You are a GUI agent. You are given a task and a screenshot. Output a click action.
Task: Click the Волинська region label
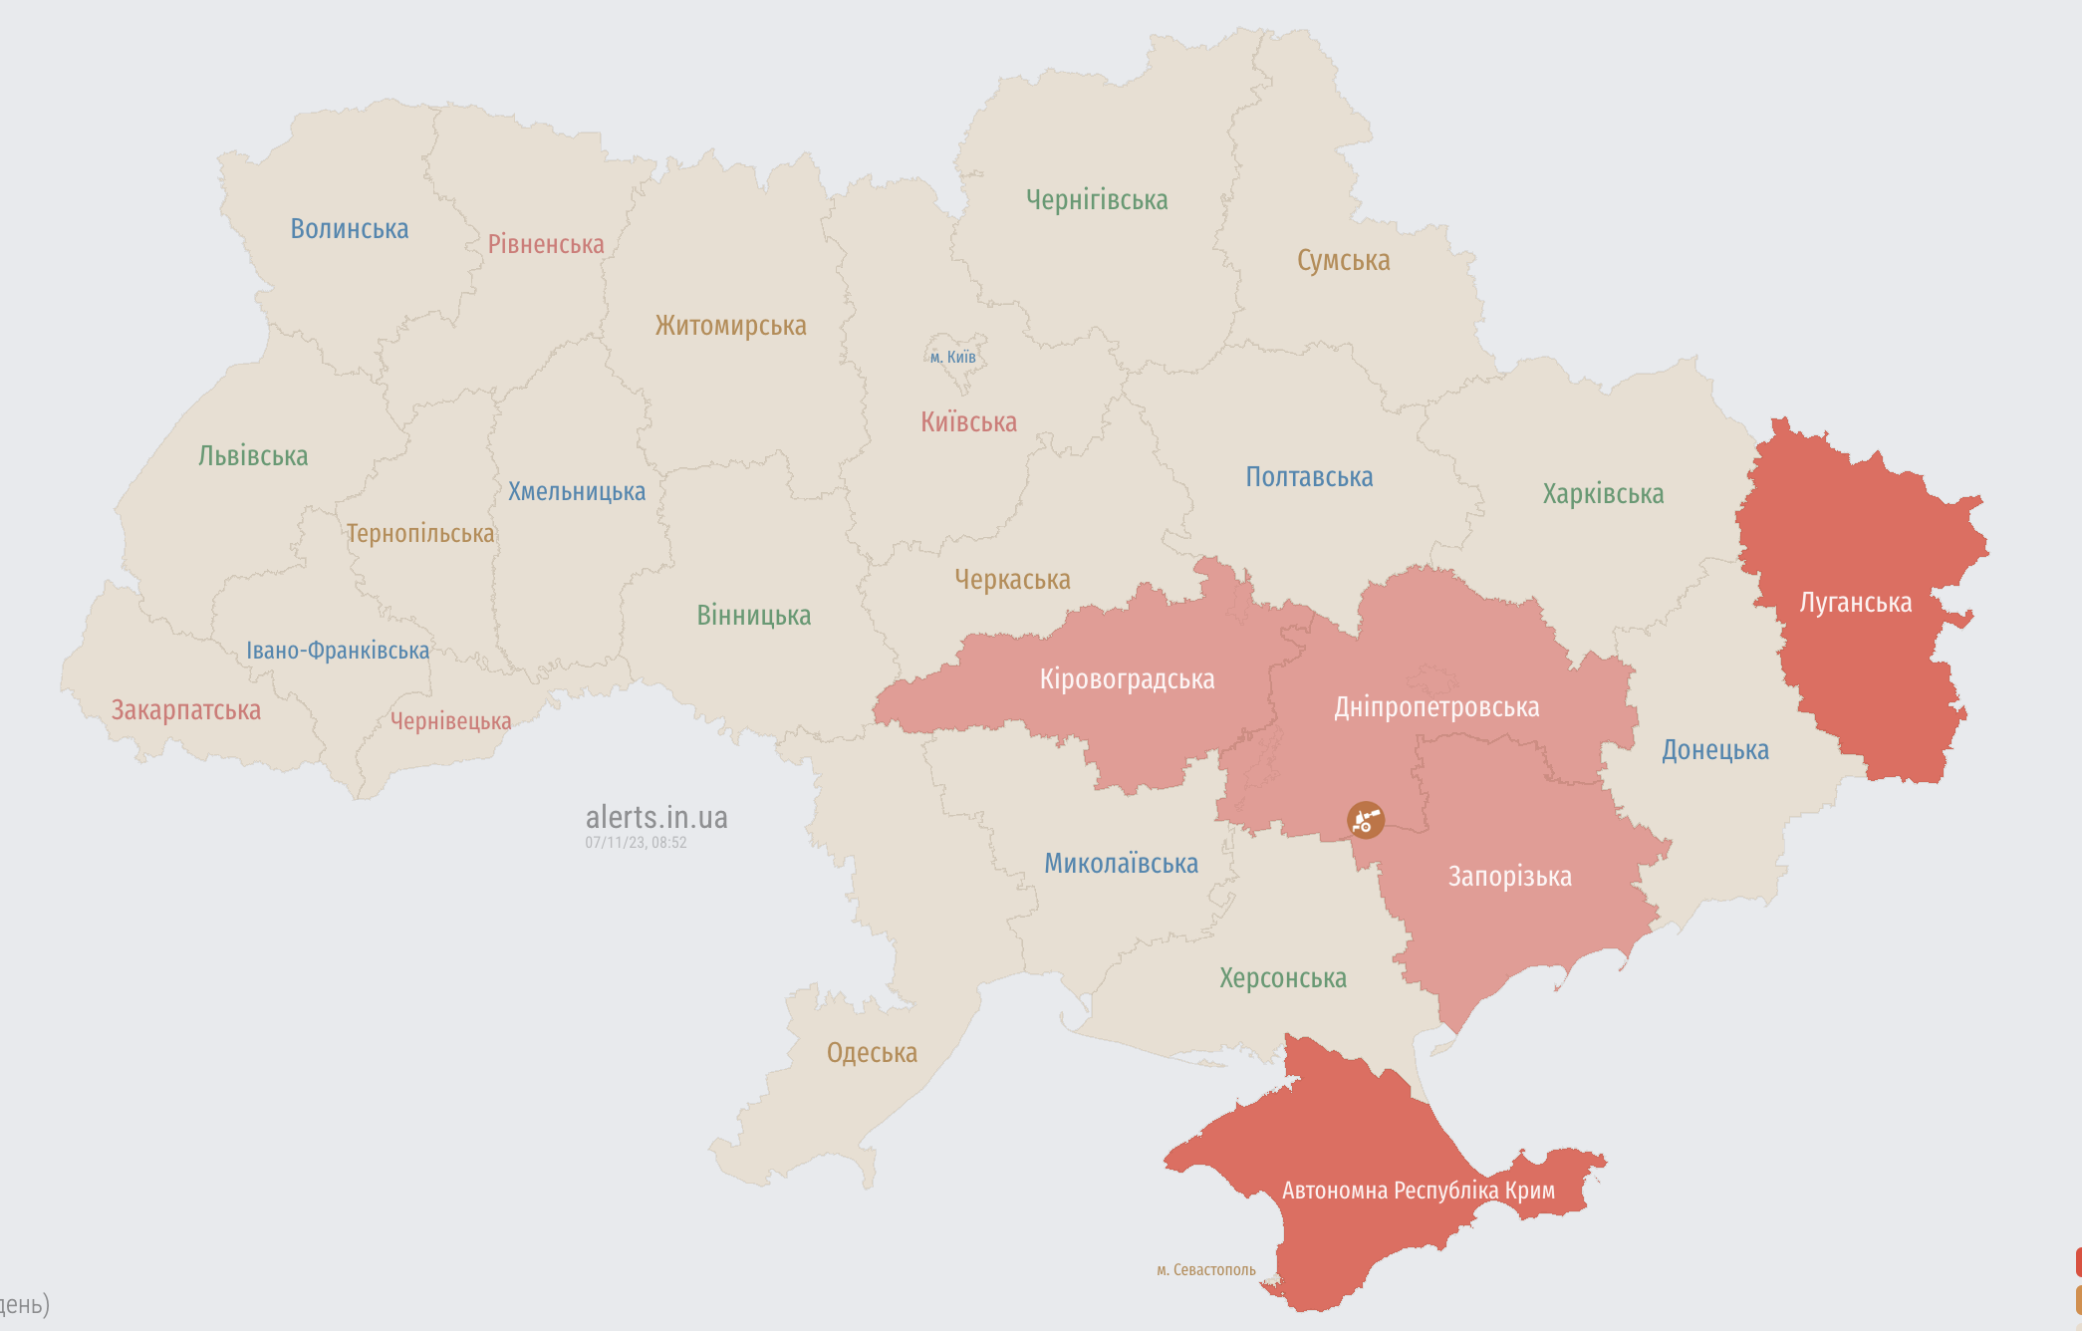(349, 229)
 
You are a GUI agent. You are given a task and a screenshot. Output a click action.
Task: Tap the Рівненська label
(546, 244)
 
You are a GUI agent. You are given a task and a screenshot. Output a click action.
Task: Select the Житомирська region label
(730, 326)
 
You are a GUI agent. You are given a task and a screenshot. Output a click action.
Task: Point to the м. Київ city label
(953, 357)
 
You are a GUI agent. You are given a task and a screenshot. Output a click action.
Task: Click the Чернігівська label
(1097, 200)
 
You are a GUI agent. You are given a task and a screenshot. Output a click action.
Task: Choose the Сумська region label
(1343, 261)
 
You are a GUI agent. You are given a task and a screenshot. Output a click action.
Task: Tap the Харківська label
(1603, 494)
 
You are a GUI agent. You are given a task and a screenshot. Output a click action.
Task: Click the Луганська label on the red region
(1855, 603)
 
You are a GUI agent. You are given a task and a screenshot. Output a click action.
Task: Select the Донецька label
(1714, 750)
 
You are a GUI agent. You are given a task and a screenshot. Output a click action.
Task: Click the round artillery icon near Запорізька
(1366, 820)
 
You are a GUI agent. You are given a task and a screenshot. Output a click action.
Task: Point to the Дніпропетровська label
(1436, 707)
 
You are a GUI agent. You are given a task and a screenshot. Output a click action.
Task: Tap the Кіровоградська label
(1127, 679)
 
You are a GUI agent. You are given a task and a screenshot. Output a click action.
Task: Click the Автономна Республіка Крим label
(1418, 1191)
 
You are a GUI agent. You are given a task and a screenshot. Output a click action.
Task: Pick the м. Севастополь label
(1205, 1270)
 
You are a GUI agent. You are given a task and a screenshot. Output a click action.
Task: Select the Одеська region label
(872, 1053)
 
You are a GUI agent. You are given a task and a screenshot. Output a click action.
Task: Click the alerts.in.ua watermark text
(656, 818)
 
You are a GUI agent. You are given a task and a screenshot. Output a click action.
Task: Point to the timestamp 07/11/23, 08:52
(636, 843)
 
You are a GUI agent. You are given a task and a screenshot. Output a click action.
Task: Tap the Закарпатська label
(185, 710)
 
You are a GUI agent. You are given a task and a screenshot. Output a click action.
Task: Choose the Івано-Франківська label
(338, 651)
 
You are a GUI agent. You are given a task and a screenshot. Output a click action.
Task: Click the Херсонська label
(1283, 978)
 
